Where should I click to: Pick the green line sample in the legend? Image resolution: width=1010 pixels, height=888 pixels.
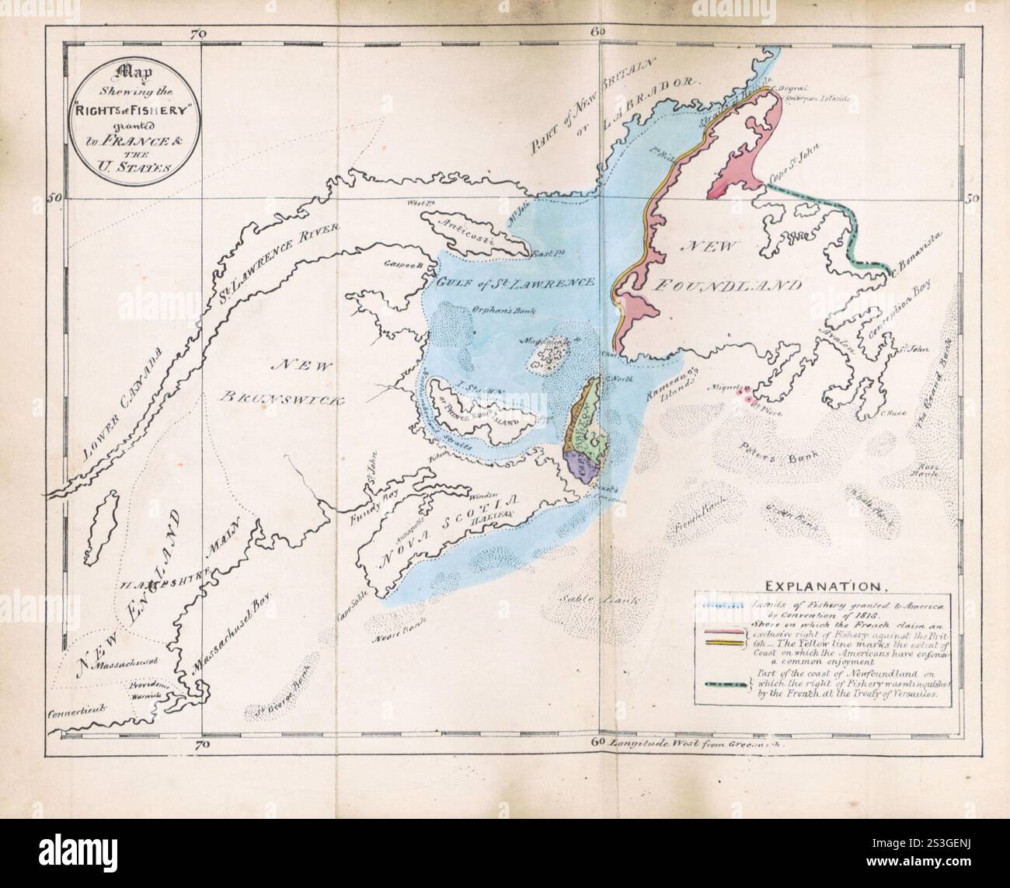pyautogui.click(x=725, y=684)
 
